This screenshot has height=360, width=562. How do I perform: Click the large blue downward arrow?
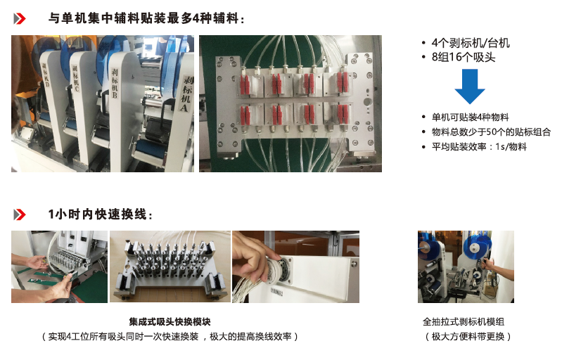[x=470, y=86]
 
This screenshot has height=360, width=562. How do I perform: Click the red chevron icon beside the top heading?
[x=20, y=18]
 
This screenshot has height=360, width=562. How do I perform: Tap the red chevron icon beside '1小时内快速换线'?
[x=20, y=214]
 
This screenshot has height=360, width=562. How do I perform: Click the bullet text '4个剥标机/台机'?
[x=471, y=43]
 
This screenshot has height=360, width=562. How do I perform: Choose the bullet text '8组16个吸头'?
[x=463, y=57]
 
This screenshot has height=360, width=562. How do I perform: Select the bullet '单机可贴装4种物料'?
[x=470, y=117]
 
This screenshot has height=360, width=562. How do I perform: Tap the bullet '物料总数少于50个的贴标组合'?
[x=491, y=131]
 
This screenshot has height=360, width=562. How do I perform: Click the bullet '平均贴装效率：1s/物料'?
[x=479, y=146]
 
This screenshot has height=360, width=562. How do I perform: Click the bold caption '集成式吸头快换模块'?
[x=170, y=321]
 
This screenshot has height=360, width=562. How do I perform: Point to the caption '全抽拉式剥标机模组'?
[x=464, y=321]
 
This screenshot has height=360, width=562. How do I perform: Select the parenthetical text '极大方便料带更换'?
[x=468, y=336]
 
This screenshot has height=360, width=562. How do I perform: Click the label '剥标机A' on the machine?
[x=186, y=94]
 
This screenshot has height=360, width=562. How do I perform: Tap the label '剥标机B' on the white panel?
[x=115, y=83]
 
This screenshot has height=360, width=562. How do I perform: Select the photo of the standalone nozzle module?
[x=170, y=267]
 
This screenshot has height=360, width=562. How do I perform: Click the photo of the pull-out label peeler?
[x=466, y=267]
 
